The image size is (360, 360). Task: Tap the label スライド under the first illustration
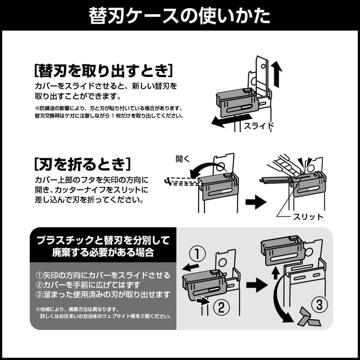[259, 126]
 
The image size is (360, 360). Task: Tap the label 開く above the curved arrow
[183, 159]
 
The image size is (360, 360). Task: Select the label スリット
[308, 217]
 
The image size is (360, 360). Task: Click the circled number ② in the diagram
[221, 307]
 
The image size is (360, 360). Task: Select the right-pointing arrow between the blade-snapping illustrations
[255, 202]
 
